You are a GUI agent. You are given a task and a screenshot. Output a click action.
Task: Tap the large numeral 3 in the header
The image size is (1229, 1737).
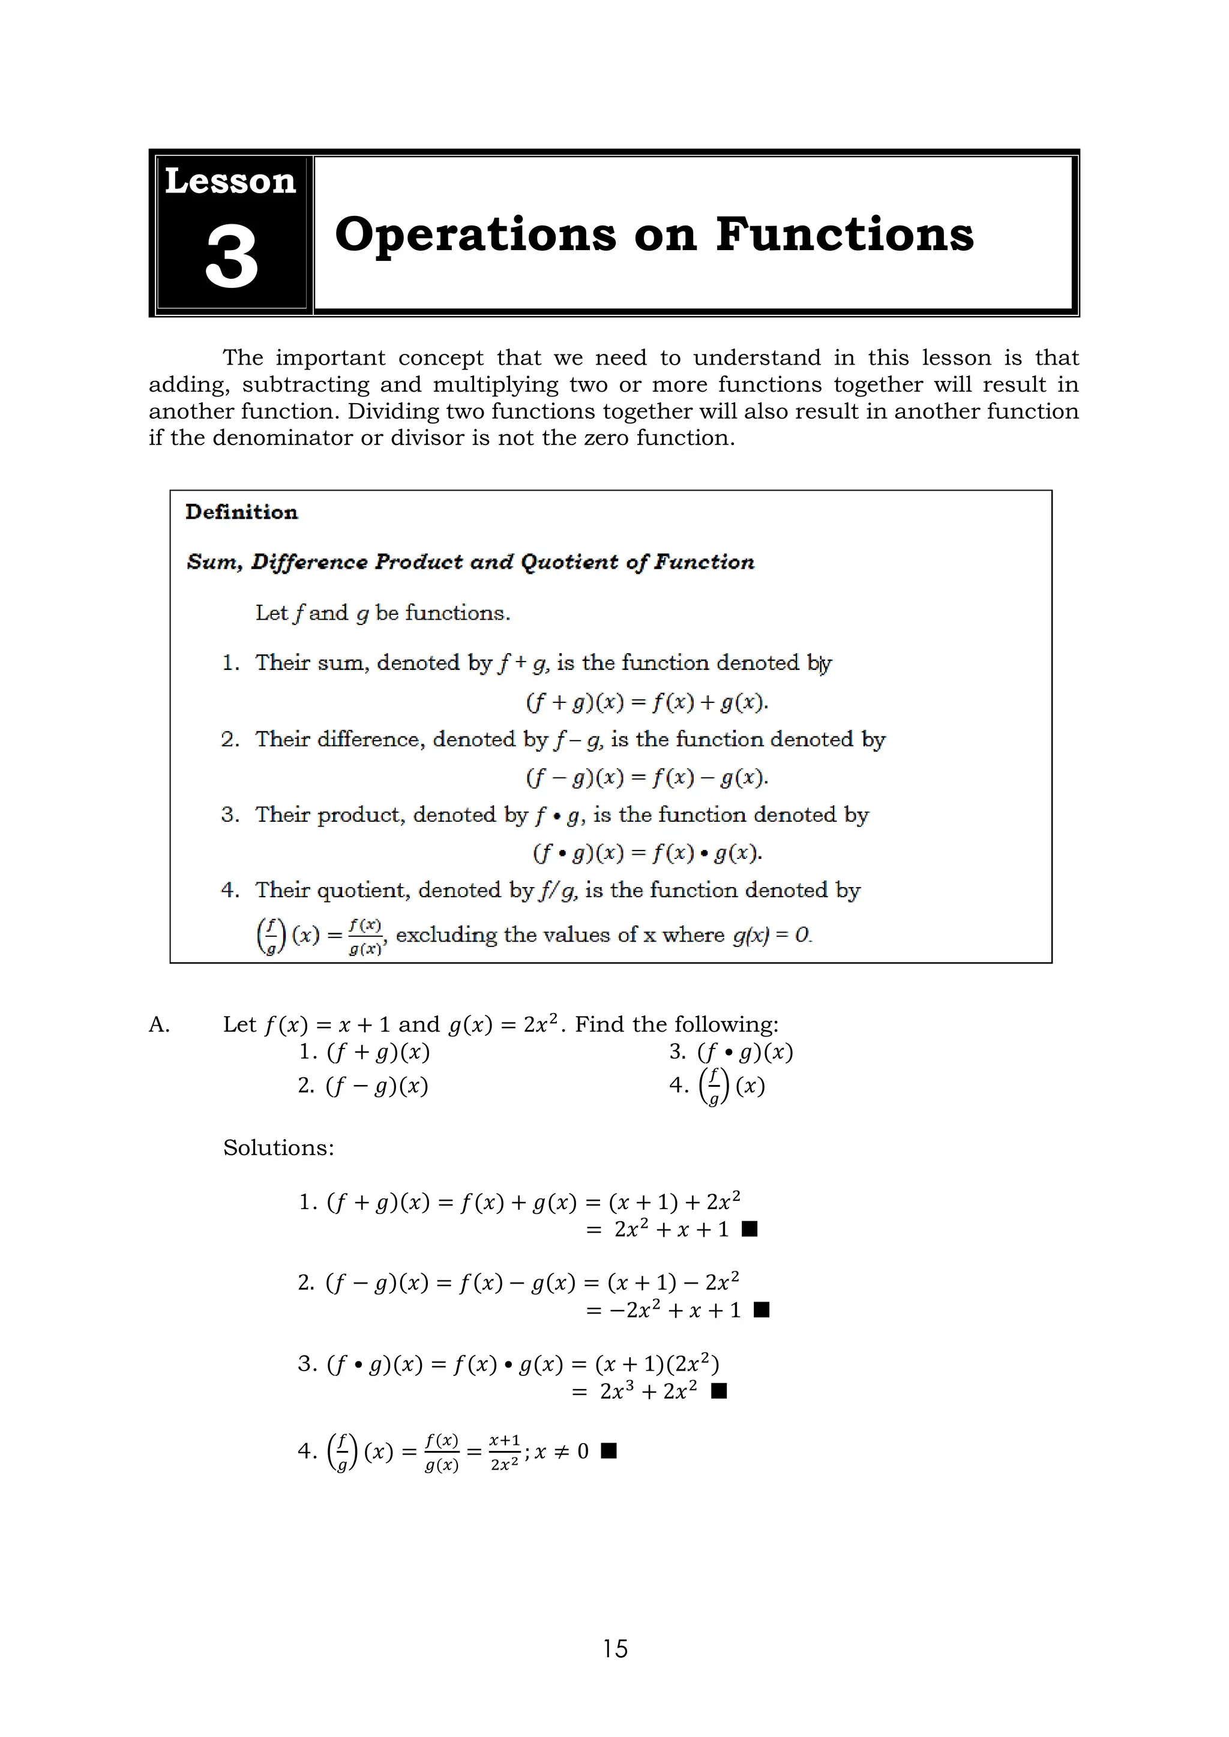pos(232,258)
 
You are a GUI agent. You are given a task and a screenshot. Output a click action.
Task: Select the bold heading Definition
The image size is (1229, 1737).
pos(241,512)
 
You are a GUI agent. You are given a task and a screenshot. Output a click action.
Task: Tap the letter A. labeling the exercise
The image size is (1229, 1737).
pos(159,1025)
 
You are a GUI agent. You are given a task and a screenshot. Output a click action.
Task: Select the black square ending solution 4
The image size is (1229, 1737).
pos(608,1450)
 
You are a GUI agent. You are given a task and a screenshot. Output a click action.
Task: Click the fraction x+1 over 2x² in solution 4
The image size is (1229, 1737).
pos(504,1451)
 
